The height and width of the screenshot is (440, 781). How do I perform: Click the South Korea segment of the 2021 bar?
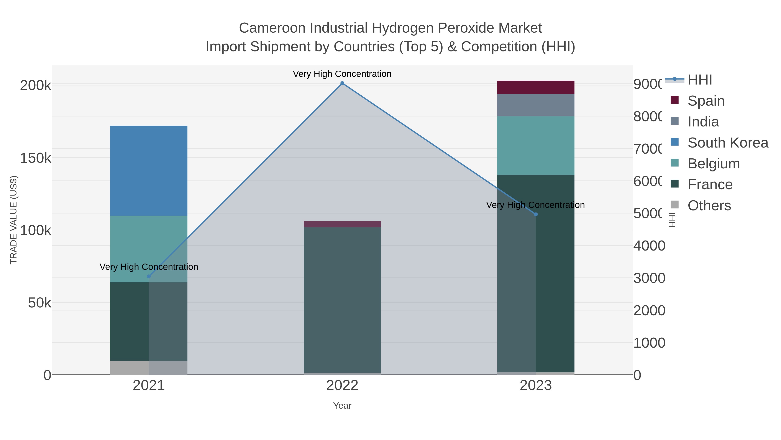[x=149, y=171]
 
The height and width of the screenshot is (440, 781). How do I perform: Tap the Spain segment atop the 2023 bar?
[x=536, y=87]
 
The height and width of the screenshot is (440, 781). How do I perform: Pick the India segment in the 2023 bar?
[x=536, y=105]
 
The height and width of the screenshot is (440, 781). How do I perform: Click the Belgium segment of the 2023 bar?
[x=536, y=146]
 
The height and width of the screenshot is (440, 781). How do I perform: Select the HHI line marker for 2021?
[x=149, y=276]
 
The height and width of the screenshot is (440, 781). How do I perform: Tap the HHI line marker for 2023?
[x=536, y=214]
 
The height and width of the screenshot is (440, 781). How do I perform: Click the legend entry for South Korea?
[x=728, y=143]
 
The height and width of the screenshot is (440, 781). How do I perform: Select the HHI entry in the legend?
[x=700, y=80]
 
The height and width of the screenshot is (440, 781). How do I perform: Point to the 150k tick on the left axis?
[x=36, y=158]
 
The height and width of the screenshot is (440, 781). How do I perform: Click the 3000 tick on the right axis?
[x=649, y=278]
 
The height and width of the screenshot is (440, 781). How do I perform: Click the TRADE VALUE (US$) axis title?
[x=14, y=220]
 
